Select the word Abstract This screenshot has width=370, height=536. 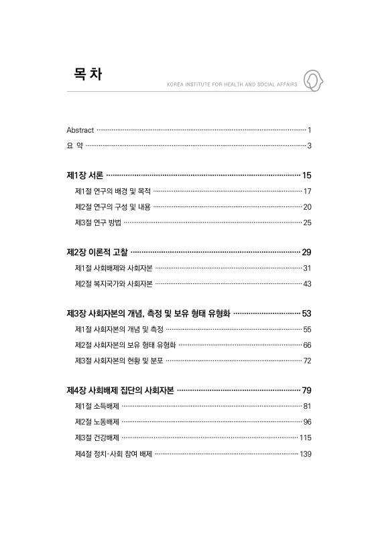[x=80, y=129]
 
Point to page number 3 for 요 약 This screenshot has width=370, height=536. [x=309, y=145]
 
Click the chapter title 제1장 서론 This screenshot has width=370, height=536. [x=84, y=176]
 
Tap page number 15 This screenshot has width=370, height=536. [x=307, y=176]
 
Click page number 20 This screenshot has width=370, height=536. [x=307, y=207]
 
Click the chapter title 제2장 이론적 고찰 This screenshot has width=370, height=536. [x=97, y=253]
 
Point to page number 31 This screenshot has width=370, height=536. [x=307, y=268]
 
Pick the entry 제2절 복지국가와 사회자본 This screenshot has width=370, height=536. [x=114, y=283]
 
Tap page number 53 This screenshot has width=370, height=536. [x=307, y=314]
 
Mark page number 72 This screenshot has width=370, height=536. [x=307, y=360]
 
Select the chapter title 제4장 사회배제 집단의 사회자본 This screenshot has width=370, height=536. [x=121, y=391]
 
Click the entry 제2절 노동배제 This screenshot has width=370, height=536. [x=97, y=422]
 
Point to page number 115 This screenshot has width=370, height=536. [x=306, y=438]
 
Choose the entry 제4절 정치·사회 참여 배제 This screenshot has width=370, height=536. [x=113, y=454]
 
